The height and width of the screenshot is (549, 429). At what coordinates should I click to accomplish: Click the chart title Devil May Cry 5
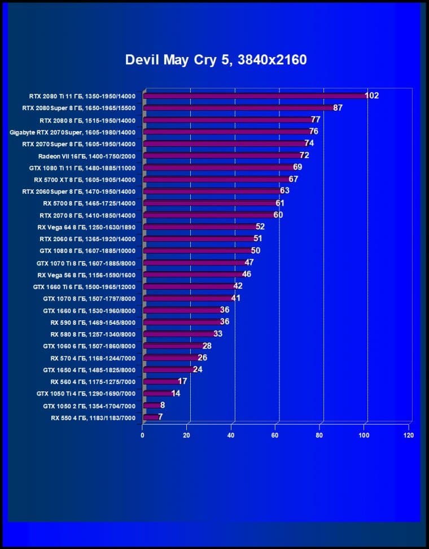click(x=216, y=59)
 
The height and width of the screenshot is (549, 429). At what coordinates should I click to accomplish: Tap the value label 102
click(x=371, y=95)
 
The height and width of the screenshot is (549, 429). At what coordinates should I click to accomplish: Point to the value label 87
click(x=338, y=107)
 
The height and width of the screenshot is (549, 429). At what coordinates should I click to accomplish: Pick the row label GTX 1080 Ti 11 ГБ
click(x=82, y=168)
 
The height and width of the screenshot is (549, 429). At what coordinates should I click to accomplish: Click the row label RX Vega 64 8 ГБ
click(x=86, y=227)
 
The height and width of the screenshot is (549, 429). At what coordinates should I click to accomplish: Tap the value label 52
click(x=260, y=226)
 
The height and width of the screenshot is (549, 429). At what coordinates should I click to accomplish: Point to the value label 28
click(x=207, y=346)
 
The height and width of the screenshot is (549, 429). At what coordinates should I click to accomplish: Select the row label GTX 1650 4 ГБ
click(x=89, y=370)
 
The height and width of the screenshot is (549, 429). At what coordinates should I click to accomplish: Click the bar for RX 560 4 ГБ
click(x=161, y=382)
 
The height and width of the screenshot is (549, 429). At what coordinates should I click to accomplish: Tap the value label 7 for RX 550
click(x=160, y=417)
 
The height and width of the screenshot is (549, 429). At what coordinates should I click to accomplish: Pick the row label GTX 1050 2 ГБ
click(x=89, y=406)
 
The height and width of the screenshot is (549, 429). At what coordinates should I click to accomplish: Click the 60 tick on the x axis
click(x=275, y=435)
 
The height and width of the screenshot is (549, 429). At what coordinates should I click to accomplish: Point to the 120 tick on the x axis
click(x=408, y=435)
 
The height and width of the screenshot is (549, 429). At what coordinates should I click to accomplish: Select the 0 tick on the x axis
click(x=142, y=435)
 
